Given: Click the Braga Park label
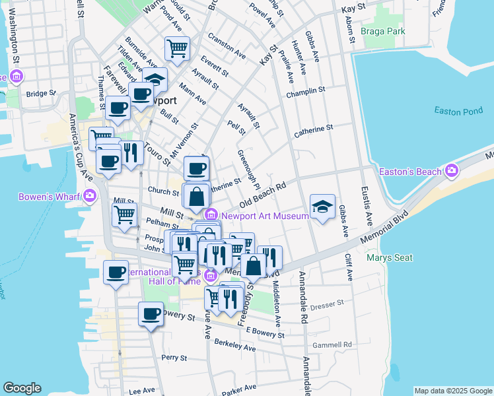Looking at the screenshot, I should pyautogui.click(x=383, y=30).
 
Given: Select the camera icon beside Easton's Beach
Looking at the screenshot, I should pyautogui.click(x=452, y=172).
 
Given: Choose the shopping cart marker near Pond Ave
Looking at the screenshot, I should pyautogui.click(x=177, y=48).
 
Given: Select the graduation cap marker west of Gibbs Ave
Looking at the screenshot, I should pyautogui.click(x=322, y=207).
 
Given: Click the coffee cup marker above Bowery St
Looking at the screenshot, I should pyautogui.click(x=151, y=313).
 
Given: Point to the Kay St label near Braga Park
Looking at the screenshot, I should pyautogui.click(x=353, y=9).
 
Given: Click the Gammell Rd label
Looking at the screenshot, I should pyautogui.click(x=334, y=345).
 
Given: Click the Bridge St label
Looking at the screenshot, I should pyautogui.click(x=38, y=94).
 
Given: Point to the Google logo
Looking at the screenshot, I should pyautogui.click(x=22, y=388).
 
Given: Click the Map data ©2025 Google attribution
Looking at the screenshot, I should pyautogui.click(x=452, y=391).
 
